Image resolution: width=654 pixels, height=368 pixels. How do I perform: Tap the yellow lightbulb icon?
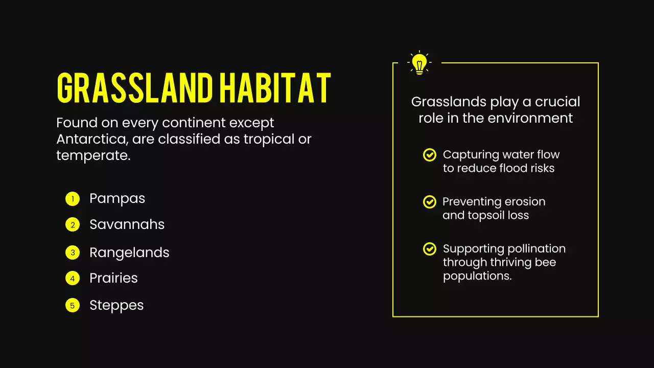click(419, 63)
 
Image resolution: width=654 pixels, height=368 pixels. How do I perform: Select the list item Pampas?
click(117, 198)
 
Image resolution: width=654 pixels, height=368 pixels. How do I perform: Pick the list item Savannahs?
click(127, 224)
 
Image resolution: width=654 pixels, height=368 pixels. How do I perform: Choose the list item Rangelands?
click(129, 252)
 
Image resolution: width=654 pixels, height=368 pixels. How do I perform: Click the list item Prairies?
click(113, 278)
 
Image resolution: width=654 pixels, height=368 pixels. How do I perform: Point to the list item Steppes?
click(116, 305)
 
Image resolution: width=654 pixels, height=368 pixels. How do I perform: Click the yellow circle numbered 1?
click(73, 199)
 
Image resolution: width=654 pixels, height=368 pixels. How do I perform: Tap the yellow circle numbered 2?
click(73, 225)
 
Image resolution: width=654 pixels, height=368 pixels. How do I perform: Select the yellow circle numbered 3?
click(73, 252)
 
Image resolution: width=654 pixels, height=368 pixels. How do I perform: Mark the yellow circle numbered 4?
click(73, 279)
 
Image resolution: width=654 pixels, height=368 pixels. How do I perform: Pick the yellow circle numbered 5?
click(73, 306)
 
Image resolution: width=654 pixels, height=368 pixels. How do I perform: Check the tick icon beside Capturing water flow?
click(430, 155)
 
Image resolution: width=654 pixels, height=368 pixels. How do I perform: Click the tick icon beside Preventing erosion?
click(430, 202)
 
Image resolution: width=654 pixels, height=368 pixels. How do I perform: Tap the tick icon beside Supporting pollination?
click(430, 249)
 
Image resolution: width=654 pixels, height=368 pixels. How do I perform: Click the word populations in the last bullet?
click(477, 276)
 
